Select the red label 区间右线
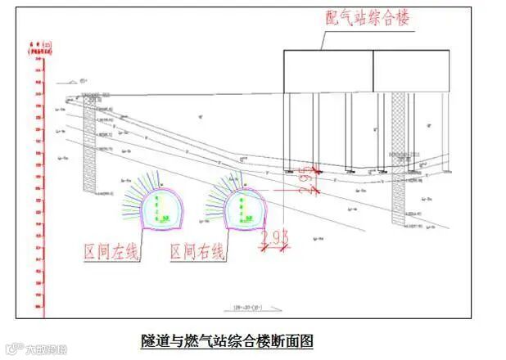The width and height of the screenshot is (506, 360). click(197, 251)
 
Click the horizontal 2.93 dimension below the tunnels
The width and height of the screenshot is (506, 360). click(273, 238)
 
